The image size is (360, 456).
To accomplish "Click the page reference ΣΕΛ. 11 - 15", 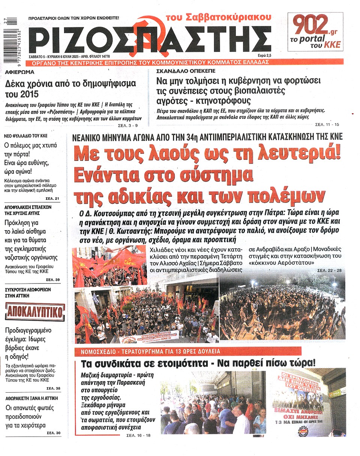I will click(327, 124).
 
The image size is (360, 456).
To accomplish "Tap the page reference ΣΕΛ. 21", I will click(52, 198).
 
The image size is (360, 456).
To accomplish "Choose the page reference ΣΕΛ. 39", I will click(52, 280).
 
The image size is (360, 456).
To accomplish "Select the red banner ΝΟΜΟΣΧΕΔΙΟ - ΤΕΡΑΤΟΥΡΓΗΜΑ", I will click(152, 351).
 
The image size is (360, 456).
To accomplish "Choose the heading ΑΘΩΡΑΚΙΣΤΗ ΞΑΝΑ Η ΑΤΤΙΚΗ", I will click(32, 398).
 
